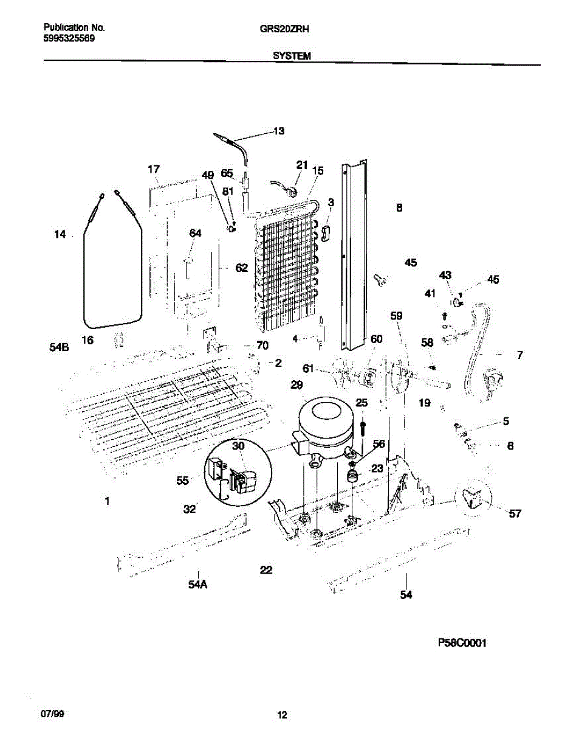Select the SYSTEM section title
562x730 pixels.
pyautogui.click(x=292, y=55)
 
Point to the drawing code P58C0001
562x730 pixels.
pyautogui.click(x=462, y=643)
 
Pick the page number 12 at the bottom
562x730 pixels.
pyautogui.click(x=281, y=715)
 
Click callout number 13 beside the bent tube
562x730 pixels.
pyautogui.click(x=278, y=131)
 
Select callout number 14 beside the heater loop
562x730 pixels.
pyautogui.click(x=60, y=234)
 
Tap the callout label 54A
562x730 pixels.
pyautogui.click(x=197, y=585)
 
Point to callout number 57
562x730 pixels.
pyautogui.click(x=515, y=514)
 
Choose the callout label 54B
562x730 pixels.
pyautogui.click(x=58, y=348)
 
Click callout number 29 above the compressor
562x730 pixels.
pyautogui.click(x=296, y=384)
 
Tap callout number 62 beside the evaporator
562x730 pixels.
pyautogui.click(x=241, y=268)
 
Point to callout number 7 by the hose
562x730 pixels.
pyautogui.click(x=519, y=355)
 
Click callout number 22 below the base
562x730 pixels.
pyautogui.click(x=266, y=570)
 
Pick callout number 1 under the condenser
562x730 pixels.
pyautogui.click(x=107, y=501)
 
